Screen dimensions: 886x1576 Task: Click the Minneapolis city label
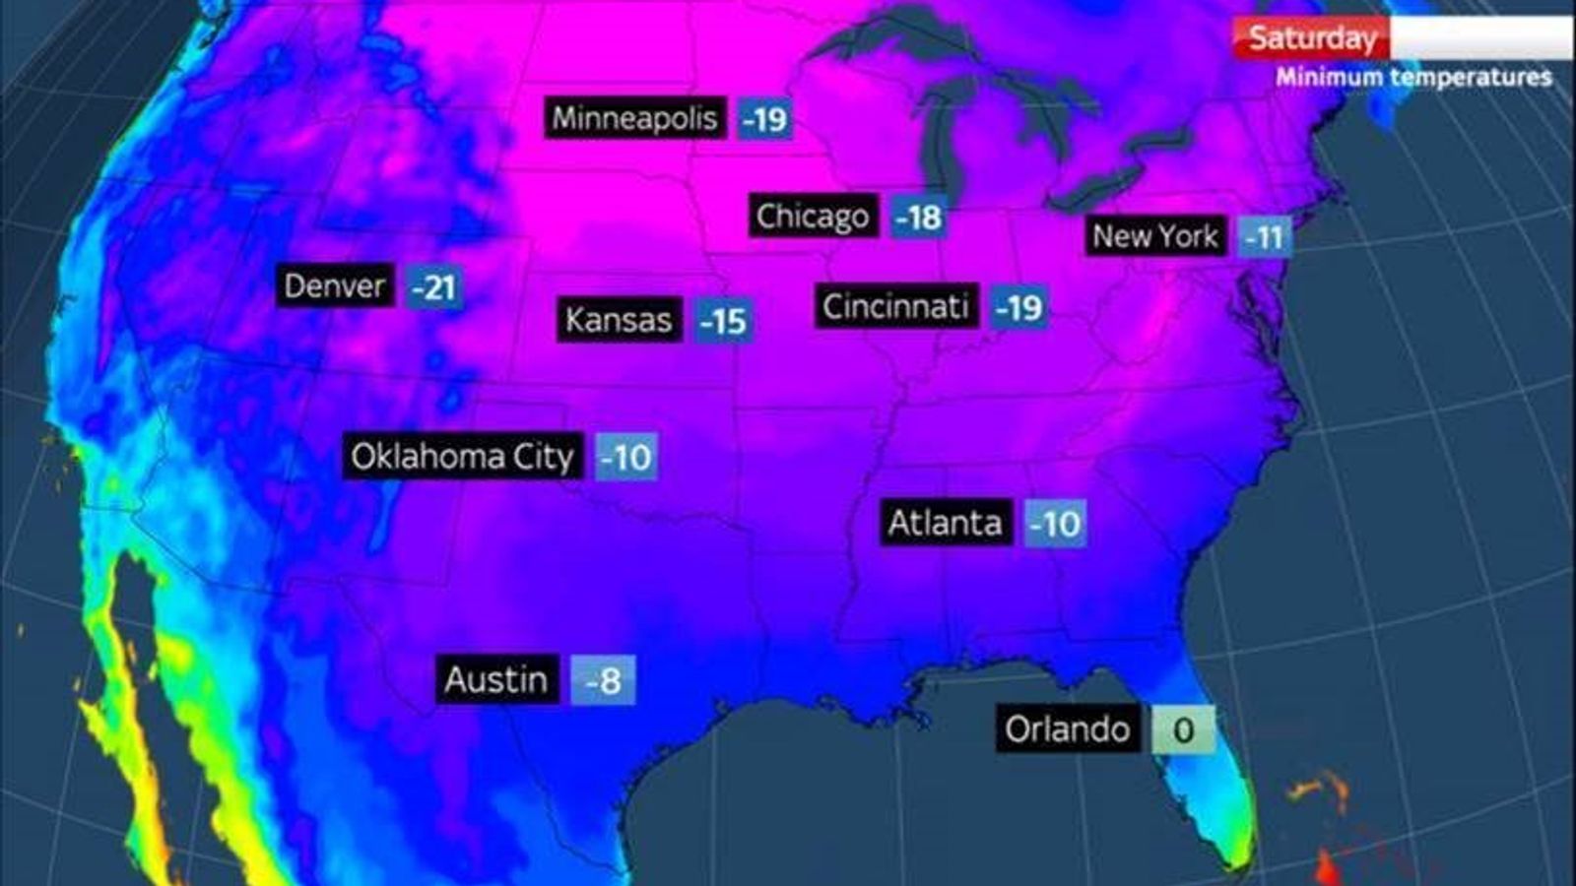click(x=635, y=118)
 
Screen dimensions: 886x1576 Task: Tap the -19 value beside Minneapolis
click(x=765, y=120)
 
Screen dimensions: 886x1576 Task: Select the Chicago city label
click(x=813, y=217)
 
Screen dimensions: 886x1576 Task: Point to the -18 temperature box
click(x=919, y=218)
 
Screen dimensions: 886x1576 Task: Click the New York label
click(x=1155, y=236)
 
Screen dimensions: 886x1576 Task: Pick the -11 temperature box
click(x=1265, y=237)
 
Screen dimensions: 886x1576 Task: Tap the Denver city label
click(x=335, y=286)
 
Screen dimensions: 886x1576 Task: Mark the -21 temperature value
click(x=433, y=287)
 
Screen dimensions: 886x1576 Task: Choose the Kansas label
click(x=619, y=320)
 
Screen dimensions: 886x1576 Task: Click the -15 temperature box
click(x=724, y=322)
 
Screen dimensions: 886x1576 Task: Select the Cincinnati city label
click(x=896, y=307)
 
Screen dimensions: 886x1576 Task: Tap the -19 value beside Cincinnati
click(x=1018, y=308)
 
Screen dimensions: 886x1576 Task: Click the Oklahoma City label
click(x=462, y=457)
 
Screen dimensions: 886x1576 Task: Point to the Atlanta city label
click(x=945, y=523)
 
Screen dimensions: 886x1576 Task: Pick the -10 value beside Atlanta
click(x=1055, y=524)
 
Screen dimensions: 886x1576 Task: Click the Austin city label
click(x=496, y=679)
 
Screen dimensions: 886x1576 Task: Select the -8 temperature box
click(x=603, y=681)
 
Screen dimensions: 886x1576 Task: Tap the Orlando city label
click(x=1068, y=729)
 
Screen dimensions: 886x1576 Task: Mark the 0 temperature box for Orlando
click(x=1183, y=730)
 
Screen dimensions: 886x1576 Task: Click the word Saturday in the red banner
click(x=1312, y=38)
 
